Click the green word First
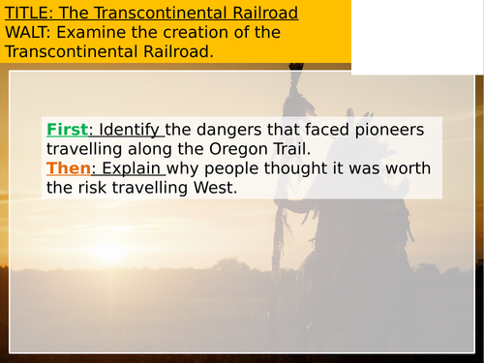tap(66, 129)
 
